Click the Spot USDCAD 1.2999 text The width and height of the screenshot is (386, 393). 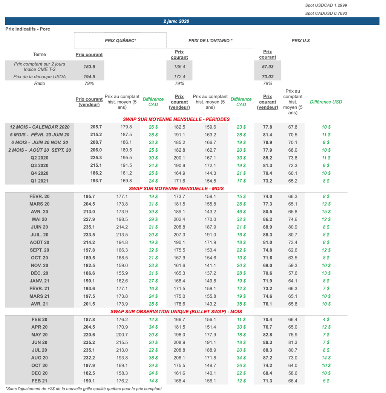(x=326, y=5)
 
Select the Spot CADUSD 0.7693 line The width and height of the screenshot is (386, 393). (x=326, y=13)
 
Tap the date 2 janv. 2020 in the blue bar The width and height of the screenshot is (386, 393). (x=176, y=21)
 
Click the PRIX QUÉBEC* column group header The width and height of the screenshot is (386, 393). (x=120, y=40)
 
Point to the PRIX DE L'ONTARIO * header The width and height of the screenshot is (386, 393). (x=210, y=40)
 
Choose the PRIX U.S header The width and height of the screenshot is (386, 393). (x=300, y=40)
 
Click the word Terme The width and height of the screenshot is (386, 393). (x=40, y=55)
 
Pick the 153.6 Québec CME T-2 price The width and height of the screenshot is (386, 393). (x=89, y=67)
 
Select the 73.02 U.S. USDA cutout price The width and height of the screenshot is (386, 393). (x=267, y=77)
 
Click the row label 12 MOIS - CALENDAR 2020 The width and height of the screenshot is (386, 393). (x=40, y=127)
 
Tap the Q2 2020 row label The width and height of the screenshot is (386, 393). (x=40, y=158)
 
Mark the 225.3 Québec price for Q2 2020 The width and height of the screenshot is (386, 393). (x=89, y=158)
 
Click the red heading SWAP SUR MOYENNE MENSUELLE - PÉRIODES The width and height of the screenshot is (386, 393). (x=176, y=119)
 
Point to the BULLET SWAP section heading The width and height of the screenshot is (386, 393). (x=176, y=312)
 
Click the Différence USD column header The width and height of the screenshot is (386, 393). (x=326, y=102)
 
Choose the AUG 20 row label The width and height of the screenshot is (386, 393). (x=40, y=358)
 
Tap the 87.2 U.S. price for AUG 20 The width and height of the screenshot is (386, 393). (x=268, y=358)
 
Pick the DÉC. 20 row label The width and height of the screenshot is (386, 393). (x=40, y=273)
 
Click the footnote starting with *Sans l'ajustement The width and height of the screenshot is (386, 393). (x=84, y=389)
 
